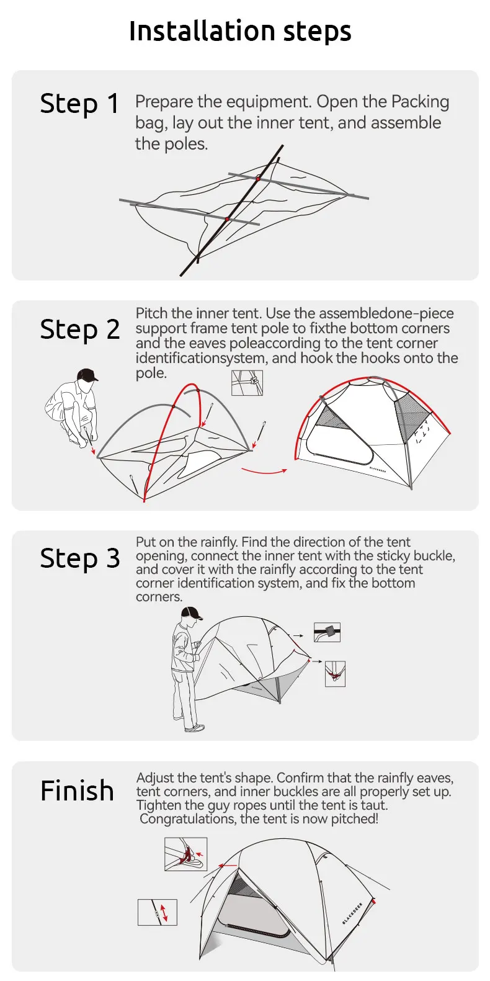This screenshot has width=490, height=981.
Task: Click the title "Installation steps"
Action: pos(240,32)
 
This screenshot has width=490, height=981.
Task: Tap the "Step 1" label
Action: pos(79,104)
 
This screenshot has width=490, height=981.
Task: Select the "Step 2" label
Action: pos(79,329)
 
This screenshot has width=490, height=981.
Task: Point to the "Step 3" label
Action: pos(79,558)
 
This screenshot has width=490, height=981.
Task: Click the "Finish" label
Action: pos(77,791)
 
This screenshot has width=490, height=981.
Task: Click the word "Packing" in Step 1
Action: pos(420,102)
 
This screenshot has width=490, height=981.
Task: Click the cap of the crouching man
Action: pos(87,375)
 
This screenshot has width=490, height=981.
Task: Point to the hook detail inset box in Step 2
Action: pos(247,383)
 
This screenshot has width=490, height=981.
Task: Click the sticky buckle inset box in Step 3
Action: pos(327,632)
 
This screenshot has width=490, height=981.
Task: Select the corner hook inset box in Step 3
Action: pos(335,674)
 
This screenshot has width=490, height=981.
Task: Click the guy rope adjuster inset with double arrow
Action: pos(158,912)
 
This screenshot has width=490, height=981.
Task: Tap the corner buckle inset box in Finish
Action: pos(185,854)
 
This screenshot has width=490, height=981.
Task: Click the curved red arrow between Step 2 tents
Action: pos(264,472)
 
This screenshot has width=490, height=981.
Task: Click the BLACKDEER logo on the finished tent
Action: pos(352,913)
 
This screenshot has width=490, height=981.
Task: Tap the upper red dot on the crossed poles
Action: pos(259,178)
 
